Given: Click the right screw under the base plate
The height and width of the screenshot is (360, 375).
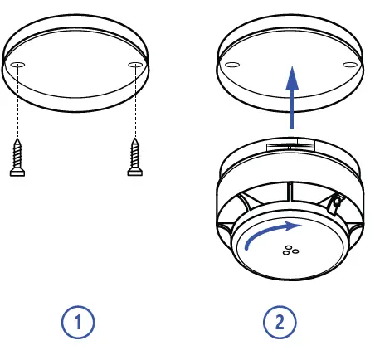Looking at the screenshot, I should click(134, 157).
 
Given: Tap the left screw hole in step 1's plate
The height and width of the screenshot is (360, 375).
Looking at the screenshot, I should click(19, 66).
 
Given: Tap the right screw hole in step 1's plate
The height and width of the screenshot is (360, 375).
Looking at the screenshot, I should click(134, 66).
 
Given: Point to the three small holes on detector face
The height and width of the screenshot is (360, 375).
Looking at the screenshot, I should click(290, 251).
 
